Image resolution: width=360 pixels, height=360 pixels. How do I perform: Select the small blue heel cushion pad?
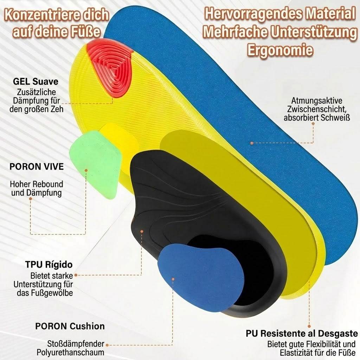click(200, 277)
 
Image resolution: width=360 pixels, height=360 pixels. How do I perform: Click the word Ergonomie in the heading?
click(280, 50)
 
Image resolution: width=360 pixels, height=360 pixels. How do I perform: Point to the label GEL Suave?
click(36, 82)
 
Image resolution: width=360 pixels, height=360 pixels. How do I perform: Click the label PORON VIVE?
click(37, 166)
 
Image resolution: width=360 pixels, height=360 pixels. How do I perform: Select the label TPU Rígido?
click(49, 264)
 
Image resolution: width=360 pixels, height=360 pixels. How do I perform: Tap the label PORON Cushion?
click(70, 326)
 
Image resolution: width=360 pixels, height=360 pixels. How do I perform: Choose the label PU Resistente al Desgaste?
click(302, 333)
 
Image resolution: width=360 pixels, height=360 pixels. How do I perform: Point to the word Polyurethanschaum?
click(70, 352)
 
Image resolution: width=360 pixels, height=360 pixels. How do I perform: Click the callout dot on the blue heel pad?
click(173, 279)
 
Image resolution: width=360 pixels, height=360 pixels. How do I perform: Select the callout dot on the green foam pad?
click(86, 171)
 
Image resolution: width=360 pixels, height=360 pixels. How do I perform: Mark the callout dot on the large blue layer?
click(252, 143)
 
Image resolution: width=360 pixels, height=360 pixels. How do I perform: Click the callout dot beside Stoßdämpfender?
click(107, 345)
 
